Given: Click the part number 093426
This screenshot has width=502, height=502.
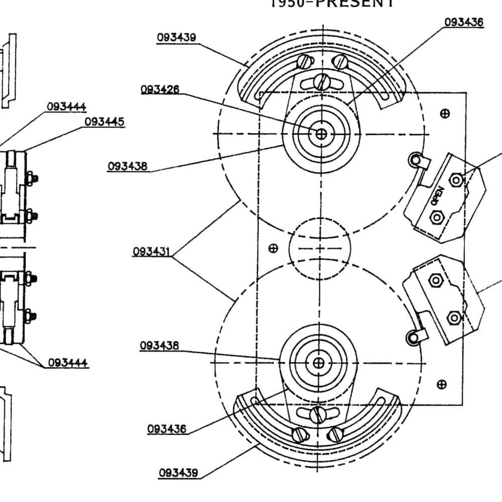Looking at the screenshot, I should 160,90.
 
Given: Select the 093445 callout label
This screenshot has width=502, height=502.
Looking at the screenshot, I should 104,122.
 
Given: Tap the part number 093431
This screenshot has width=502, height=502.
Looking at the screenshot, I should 152,251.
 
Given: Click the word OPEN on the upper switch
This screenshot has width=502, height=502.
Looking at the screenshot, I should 437,195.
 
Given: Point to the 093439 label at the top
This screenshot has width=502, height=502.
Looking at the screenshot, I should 176,38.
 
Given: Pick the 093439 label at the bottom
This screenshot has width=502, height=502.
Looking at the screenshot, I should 178,473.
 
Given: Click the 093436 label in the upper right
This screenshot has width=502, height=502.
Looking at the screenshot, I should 464,22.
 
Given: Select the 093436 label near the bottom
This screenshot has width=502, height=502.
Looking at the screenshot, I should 167,429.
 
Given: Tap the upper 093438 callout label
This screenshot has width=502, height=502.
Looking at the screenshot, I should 128,166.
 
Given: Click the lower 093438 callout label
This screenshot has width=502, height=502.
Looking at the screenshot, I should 159,346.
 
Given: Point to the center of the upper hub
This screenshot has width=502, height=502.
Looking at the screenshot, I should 321,133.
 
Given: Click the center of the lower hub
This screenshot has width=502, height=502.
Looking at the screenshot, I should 318,362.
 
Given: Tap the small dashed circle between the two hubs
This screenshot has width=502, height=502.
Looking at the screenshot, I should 319,248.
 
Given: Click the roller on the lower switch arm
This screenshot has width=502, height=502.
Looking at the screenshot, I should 413,338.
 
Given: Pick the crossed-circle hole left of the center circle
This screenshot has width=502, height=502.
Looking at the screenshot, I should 274,248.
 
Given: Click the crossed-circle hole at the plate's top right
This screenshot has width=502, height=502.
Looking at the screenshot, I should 444,113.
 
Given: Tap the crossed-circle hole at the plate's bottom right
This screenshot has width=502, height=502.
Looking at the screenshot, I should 442,385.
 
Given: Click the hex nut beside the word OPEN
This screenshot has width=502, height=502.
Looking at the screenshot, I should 456,179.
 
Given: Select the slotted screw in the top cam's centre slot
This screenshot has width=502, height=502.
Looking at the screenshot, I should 321,81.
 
